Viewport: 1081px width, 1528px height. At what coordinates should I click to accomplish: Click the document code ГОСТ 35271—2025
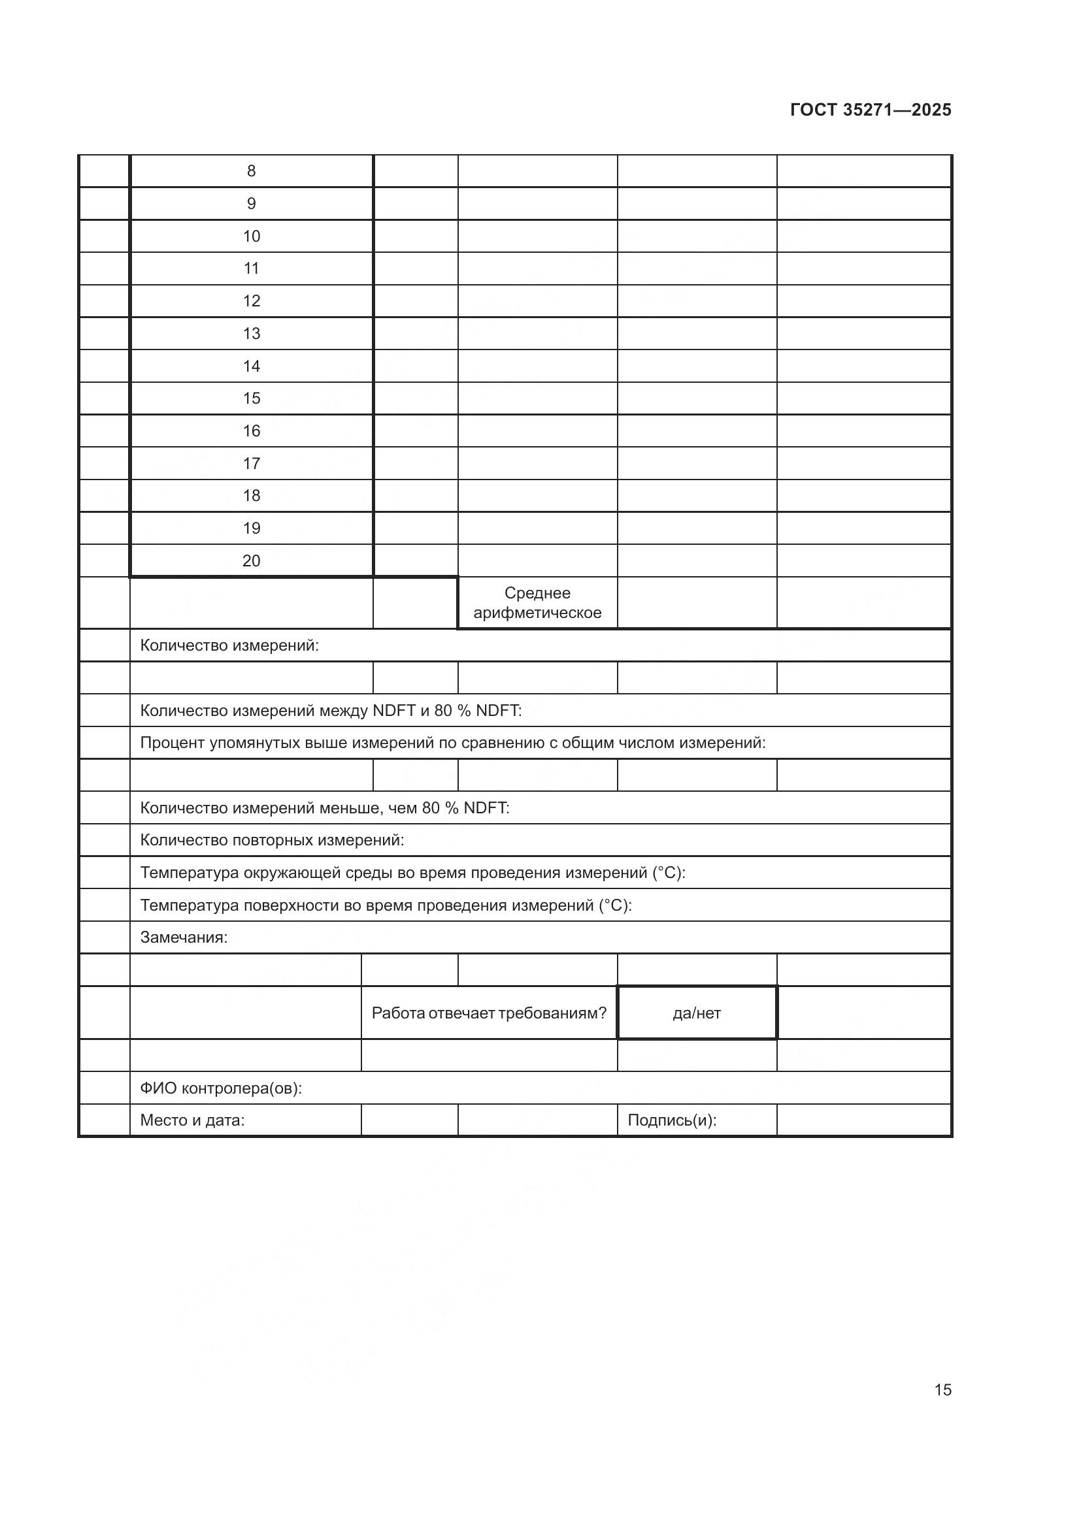click(870, 110)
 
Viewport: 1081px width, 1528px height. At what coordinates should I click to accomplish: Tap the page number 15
click(942, 1389)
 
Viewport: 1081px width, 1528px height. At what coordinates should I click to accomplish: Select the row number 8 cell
click(251, 171)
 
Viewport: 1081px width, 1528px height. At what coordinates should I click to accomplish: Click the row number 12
click(251, 301)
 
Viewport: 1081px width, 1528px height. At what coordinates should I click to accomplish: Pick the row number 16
click(251, 431)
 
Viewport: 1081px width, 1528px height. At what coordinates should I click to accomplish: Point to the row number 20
click(251, 561)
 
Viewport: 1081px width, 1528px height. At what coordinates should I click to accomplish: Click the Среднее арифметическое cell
click(537, 602)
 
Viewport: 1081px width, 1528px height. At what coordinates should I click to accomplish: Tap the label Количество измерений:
click(229, 645)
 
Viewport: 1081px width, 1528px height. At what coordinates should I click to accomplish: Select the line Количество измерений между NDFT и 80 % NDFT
click(330, 710)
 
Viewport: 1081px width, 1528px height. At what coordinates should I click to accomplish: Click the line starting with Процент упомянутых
click(453, 743)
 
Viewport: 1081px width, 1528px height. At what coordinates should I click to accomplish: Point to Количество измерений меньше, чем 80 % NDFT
click(324, 807)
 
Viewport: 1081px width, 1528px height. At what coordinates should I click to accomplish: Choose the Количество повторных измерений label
click(272, 840)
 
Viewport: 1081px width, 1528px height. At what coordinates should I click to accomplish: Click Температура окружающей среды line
click(412, 873)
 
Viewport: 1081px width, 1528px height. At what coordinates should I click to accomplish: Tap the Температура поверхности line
click(386, 905)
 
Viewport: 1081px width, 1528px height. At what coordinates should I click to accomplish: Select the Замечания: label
click(184, 937)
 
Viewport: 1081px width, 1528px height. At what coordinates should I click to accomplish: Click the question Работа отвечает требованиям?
click(489, 1013)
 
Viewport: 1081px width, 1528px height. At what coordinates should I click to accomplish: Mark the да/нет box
click(696, 1013)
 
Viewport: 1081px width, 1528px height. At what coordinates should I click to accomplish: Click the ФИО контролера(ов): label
click(220, 1088)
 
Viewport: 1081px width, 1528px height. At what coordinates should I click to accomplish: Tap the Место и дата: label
click(191, 1120)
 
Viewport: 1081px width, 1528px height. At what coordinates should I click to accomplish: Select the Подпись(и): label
click(672, 1120)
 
